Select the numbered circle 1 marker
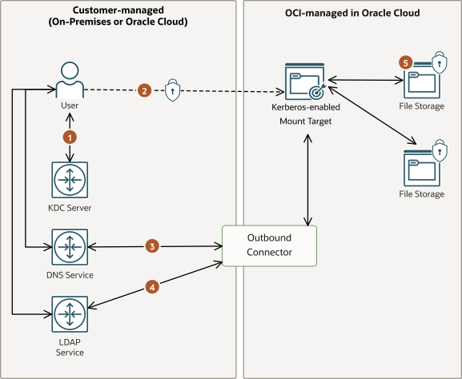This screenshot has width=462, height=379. pyautogui.click(x=70, y=137)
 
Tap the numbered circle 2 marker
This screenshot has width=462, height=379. pyautogui.click(x=144, y=90)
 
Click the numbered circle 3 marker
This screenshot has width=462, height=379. pyautogui.click(x=152, y=246)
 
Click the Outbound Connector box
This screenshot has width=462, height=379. pyautogui.click(x=269, y=245)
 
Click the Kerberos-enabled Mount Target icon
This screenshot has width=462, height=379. pyautogui.click(x=307, y=81)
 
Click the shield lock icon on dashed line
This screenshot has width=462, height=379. pyautogui.click(x=172, y=90)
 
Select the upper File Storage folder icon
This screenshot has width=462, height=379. pyautogui.click(x=422, y=82)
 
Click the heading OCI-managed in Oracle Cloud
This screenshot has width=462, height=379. pyautogui.click(x=352, y=14)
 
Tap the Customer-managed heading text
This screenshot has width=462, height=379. pyautogui.click(x=119, y=16)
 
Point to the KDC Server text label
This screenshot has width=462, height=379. pyautogui.click(x=70, y=208)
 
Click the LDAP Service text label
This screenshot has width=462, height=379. pyautogui.click(x=69, y=346)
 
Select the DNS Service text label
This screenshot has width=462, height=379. pyautogui.click(x=69, y=275)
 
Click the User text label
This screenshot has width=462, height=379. pyautogui.click(x=69, y=106)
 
